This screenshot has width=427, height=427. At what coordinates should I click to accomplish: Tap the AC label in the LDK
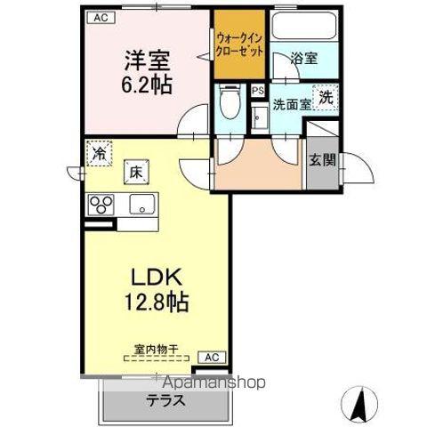[212, 357]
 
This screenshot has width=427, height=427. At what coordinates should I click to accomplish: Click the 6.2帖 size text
[148, 85]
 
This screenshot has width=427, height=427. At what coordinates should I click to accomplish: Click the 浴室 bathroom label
[304, 59]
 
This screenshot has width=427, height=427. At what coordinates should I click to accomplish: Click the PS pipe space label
[258, 91]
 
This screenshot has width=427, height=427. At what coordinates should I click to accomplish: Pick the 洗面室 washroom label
[291, 104]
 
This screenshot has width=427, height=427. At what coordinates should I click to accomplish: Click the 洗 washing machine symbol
[326, 98]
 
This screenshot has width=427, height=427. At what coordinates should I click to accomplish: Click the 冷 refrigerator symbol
[99, 153]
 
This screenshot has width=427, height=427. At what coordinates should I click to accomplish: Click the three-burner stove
[101, 205]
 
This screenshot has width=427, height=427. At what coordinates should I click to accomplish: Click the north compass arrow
[360, 405]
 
